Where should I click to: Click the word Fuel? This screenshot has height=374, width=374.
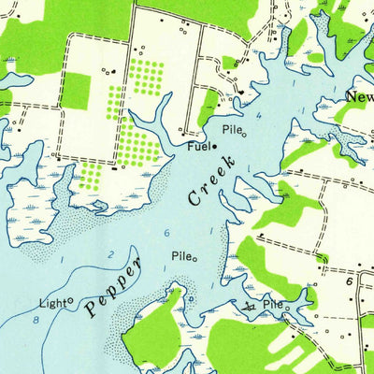[196, 147]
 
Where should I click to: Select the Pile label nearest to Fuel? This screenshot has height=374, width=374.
[231, 131]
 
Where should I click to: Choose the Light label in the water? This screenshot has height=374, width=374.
[52, 303]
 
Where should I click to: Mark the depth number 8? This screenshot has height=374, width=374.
[35, 321]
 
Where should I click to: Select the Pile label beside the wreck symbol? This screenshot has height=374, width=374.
[271, 305]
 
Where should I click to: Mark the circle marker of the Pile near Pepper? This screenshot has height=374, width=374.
[194, 259]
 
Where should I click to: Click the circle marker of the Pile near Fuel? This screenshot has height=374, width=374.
[244, 134]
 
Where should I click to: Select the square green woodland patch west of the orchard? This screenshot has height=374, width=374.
[75, 90]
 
